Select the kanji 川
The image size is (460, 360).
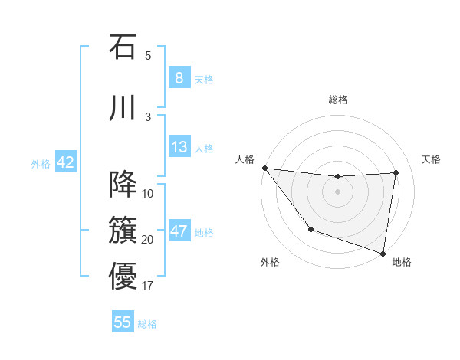[123, 107]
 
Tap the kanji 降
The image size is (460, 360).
[123, 185]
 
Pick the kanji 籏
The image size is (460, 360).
[123, 229]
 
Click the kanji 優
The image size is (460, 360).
[123, 276]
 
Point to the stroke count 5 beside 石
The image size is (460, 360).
[148, 55]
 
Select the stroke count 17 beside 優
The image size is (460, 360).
[148, 286]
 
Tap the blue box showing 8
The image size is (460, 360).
[179, 77]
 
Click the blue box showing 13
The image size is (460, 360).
[179, 147]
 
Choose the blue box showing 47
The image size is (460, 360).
[179, 231]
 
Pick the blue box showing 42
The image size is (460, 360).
[65, 162]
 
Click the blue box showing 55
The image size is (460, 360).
[123, 322]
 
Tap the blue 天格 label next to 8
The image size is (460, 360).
[204, 79]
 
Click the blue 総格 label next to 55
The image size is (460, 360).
[147, 324]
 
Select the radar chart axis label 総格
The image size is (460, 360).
[338, 100]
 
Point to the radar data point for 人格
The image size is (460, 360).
[264, 168]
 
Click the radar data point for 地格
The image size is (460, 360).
[383, 252]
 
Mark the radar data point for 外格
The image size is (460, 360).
[310, 229]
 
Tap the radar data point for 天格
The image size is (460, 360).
[396, 172]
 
